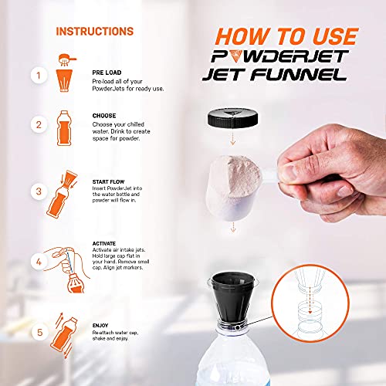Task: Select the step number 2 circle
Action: (x=36, y=125)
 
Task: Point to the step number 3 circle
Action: (x=36, y=191)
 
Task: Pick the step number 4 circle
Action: (x=36, y=261)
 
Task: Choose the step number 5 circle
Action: (x=36, y=334)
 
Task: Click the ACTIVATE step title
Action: (x=105, y=242)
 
